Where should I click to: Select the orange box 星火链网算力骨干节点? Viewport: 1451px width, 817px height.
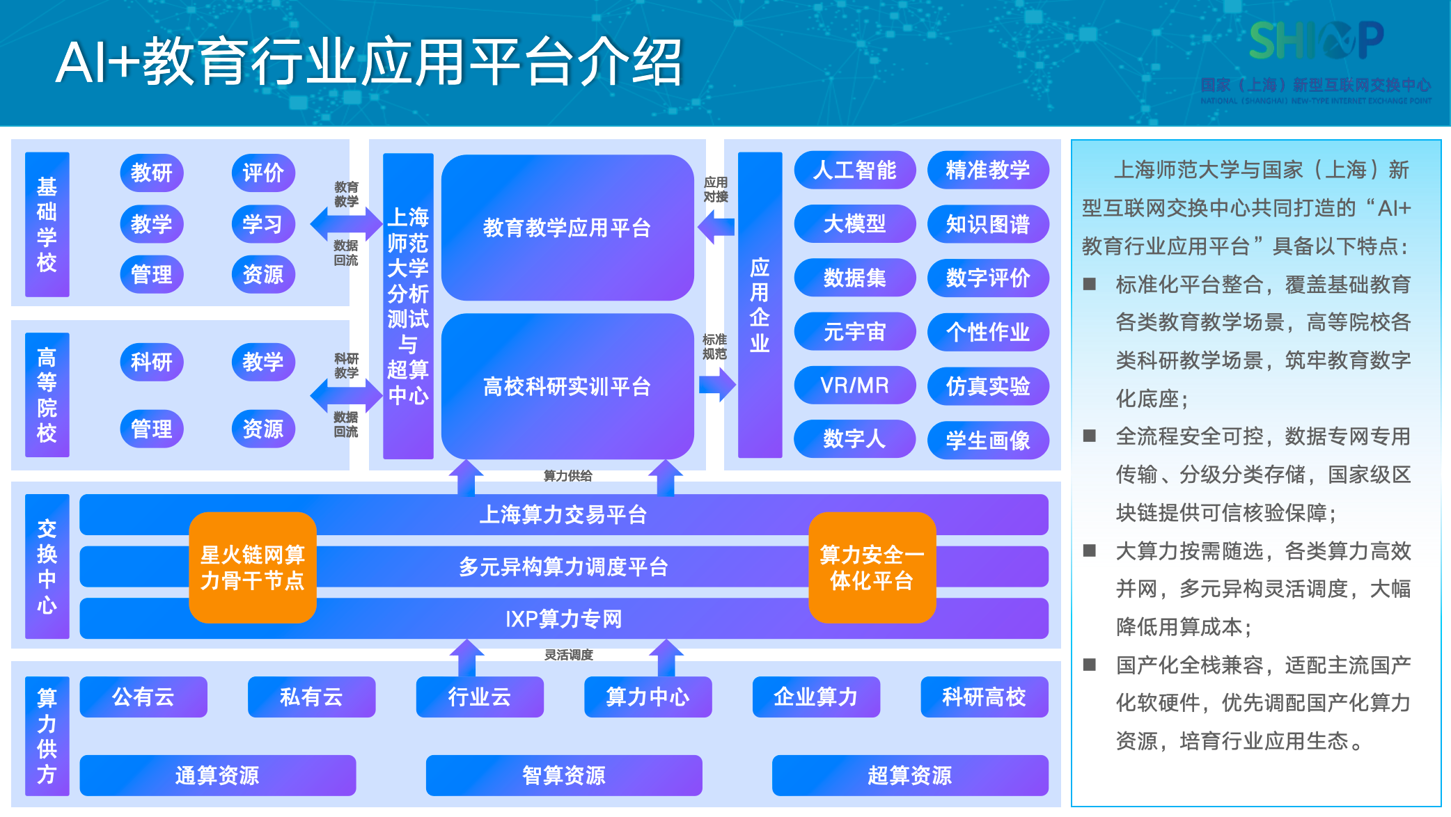tap(252, 567)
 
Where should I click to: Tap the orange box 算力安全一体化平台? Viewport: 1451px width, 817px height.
tap(872, 567)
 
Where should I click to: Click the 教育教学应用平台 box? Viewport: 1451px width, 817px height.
tap(567, 228)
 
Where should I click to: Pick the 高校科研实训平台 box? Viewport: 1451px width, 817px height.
tap(567, 386)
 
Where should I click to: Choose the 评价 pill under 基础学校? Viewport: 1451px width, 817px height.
tap(263, 173)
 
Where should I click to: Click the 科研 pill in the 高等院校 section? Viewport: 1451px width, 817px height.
tap(151, 362)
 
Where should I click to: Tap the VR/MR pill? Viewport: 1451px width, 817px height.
tap(854, 386)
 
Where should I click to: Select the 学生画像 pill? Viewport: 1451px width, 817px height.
tap(987, 440)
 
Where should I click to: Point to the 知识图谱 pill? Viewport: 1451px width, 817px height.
tap(987, 224)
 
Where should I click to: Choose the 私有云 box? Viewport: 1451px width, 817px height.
tap(311, 697)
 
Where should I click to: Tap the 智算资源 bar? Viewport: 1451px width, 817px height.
tap(563, 775)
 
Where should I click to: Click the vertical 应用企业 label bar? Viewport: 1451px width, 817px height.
tap(760, 305)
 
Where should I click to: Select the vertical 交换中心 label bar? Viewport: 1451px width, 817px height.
tap(47, 566)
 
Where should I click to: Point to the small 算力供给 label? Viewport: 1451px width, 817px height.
tap(567, 476)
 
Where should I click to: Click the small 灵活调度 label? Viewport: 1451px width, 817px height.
tap(568, 655)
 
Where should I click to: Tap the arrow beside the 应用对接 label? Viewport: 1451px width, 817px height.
tap(716, 227)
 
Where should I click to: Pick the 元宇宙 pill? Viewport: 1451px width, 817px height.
tap(854, 332)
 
